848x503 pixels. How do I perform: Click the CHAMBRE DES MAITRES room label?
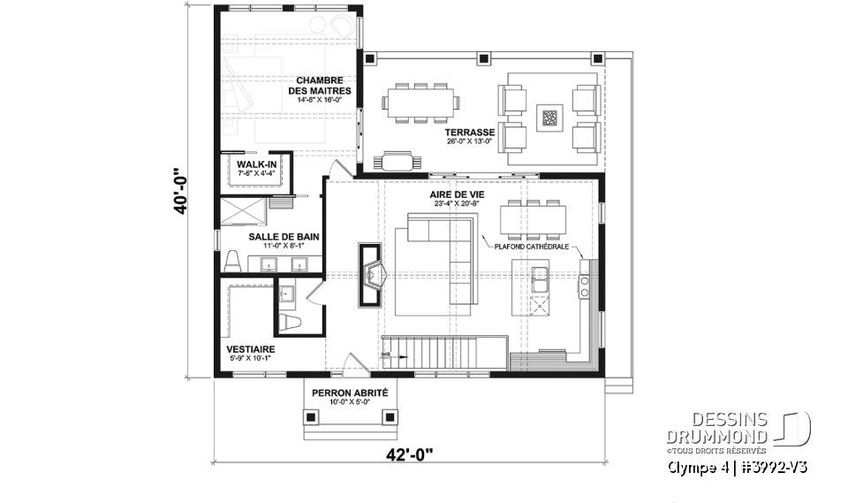point(323,85)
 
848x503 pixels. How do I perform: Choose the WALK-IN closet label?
point(254,164)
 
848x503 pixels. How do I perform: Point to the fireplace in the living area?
point(370,274)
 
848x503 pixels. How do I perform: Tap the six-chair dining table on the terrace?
point(420,102)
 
